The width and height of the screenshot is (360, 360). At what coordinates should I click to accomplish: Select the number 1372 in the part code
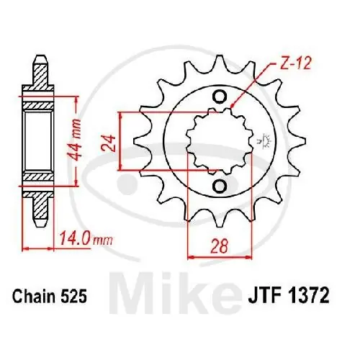311,294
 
